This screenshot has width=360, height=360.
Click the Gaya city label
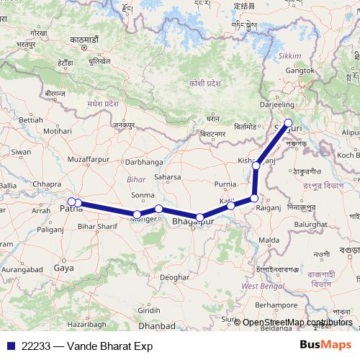[x=63, y=269]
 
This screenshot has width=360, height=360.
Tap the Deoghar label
[x=174, y=276]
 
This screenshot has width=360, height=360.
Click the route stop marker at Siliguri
[x=289, y=123]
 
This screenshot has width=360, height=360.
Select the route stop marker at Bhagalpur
[x=200, y=217]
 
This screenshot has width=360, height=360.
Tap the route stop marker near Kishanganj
[x=256, y=166]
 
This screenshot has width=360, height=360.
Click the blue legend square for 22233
[x=10, y=346]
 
